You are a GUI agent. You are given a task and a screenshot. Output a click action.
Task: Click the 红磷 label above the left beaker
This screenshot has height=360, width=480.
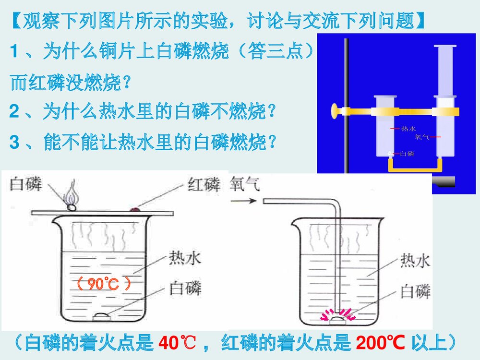(204, 184)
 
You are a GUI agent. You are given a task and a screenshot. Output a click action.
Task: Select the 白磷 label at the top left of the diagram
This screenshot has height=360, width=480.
(25, 184)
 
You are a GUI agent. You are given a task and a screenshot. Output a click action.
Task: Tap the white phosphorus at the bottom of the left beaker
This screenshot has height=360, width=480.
(102, 315)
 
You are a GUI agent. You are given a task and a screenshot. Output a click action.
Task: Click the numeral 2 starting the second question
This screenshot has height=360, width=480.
(14, 113)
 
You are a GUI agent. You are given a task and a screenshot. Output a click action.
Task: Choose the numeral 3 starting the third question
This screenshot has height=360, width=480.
(14, 143)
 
